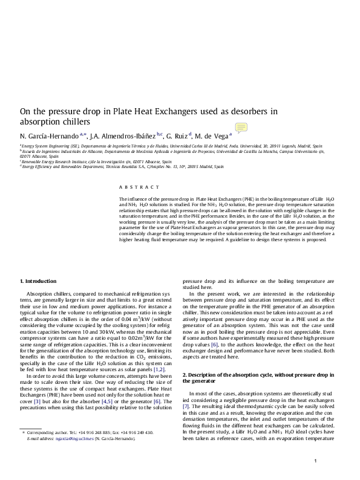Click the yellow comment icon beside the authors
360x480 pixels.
[x=241, y=127]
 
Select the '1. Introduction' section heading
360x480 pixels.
[x=39, y=281]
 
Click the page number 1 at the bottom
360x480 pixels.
[x=316, y=462]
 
